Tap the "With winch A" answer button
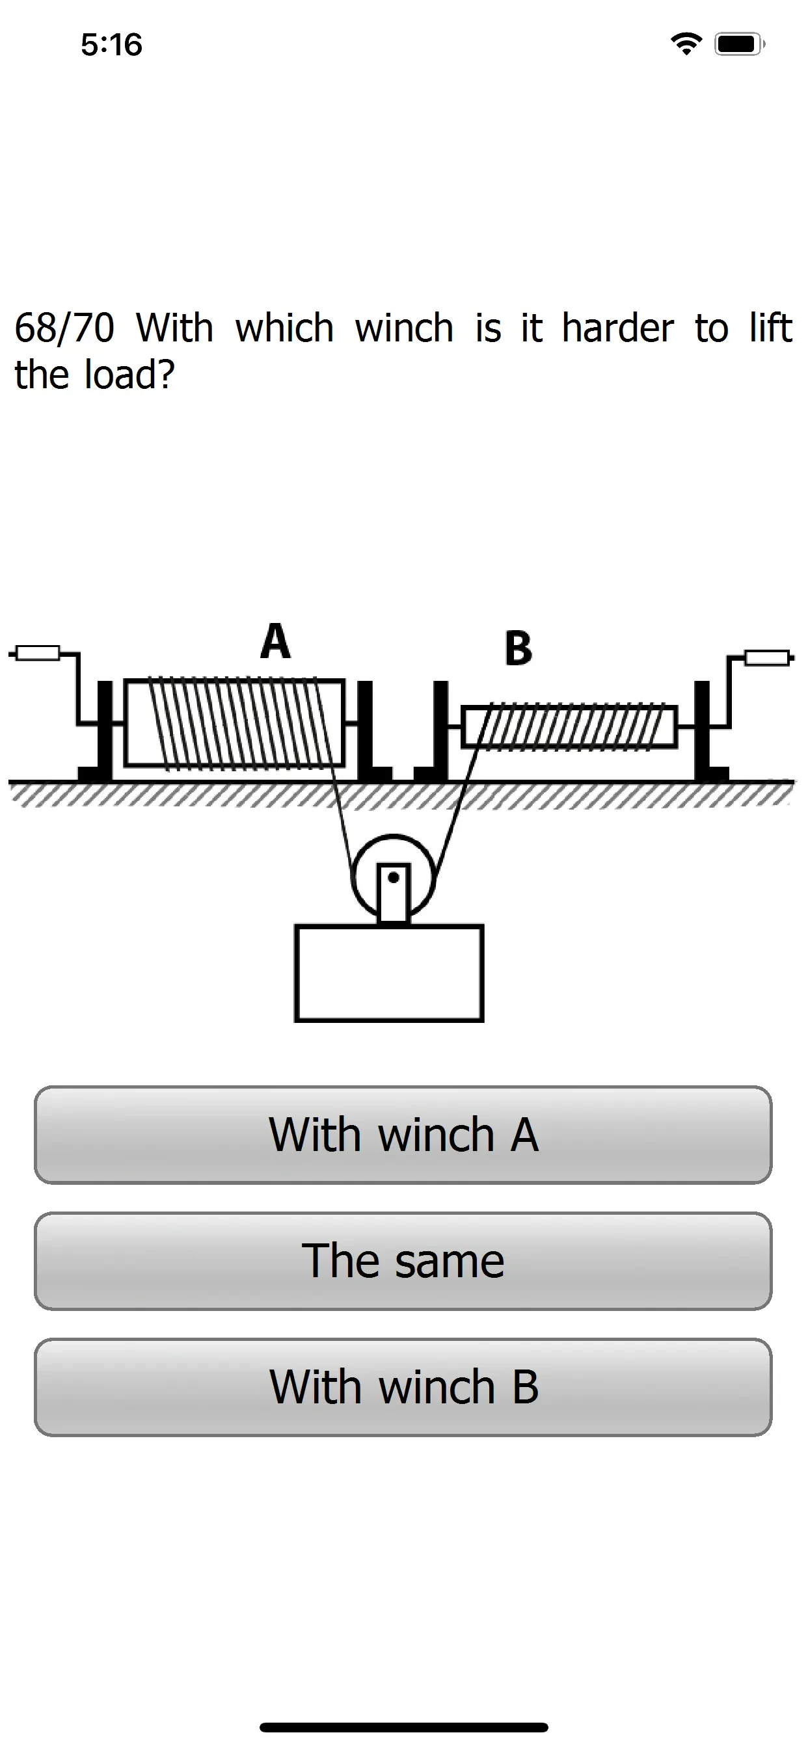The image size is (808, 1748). (403, 1135)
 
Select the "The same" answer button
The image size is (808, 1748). (403, 1261)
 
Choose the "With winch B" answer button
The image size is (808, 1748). (403, 1387)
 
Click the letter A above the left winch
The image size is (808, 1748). (275, 641)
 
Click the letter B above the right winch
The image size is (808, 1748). (518, 648)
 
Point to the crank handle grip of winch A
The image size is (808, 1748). (37, 654)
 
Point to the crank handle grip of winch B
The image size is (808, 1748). (767, 657)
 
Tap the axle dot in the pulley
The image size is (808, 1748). (393, 877)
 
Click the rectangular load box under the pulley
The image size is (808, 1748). (389, 972)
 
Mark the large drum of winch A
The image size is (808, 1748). (234, 722)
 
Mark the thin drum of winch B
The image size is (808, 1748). (569, 727)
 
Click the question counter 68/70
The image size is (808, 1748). (64, 328)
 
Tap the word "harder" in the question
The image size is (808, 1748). (618, 328)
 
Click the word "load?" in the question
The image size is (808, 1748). (129, 374)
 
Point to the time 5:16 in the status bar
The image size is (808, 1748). (111, 45)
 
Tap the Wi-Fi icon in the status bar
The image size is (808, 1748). (686, 44)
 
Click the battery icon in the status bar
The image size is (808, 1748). (740, 44)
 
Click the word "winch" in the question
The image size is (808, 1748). (404, 328)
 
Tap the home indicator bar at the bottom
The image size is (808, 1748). (404, 1727)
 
